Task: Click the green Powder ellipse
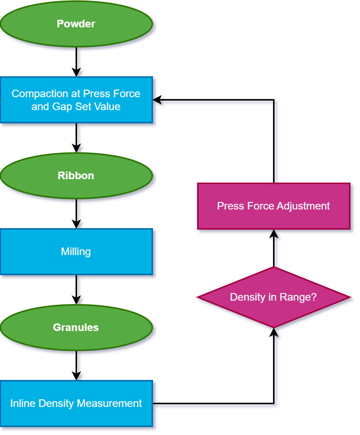(76, 24)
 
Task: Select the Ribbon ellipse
(76, 176)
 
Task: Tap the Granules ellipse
(76, 328)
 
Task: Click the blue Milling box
(76, 252)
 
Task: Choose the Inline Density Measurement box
(76, 403)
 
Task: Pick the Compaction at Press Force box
(76, 100)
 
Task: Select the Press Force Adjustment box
(273, 206)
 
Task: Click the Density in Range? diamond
(273, 297)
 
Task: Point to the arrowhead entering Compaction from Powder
(76, 72)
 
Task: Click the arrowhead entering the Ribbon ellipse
(76, 148)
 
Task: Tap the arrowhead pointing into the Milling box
(76, 224)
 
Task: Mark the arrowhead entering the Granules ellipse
(76, 300)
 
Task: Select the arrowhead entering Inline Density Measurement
(76, 376)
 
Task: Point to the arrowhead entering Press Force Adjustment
(274, 234)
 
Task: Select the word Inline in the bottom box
(21, 403)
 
